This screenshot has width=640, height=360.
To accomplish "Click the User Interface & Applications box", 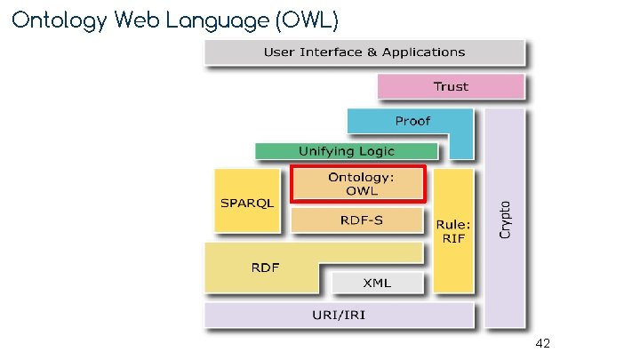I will pyautogui.click(x=364, y=52).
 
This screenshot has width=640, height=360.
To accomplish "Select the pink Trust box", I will pyautogui.click(x=451, y=86).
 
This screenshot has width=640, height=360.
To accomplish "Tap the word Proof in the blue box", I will pyautogui.click(x=412, y=121).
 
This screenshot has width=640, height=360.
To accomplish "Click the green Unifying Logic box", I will pyautogui.click(x=346, y=151).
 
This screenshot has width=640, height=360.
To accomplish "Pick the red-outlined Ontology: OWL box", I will pyautogui.click(x=358, y=184).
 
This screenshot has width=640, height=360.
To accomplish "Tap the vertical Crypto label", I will pyautogui.click(x=505, y=217).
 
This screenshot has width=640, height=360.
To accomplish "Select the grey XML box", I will pyautogui.click(x=376, y=283).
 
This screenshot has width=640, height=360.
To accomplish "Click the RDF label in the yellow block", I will pyautogui.click(x=263, y=267).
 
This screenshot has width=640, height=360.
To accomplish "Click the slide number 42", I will pyautogui.click(x=544, y=342).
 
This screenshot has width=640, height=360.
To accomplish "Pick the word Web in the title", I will pyautogui.click(x=133, y=19).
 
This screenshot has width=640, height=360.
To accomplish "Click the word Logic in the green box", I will pyautogui.click(x=372, y=151).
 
